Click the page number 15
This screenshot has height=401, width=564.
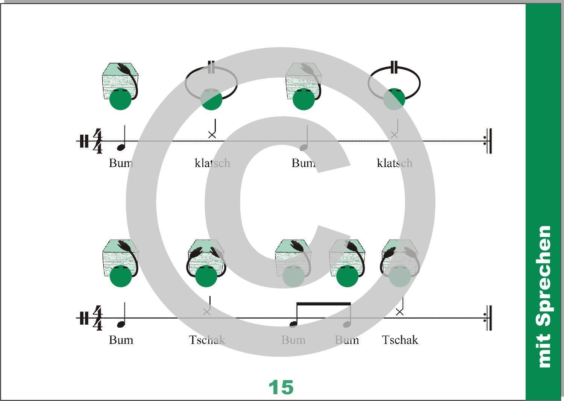pos(281,387)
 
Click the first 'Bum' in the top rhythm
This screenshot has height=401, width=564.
pos(121,163)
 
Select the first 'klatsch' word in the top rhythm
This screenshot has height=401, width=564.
pos(212,163)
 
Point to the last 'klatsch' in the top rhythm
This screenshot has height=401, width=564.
pos(394,163)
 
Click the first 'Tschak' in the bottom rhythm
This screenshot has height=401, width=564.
pos(207,340)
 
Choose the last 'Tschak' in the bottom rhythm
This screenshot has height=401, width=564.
pos(400,340)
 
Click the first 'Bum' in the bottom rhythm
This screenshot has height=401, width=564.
pos(121,340)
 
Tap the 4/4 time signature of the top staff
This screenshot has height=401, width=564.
pos(98,141)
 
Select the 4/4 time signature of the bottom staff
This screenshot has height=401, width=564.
pos(98,318)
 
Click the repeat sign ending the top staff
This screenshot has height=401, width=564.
pos(488,141)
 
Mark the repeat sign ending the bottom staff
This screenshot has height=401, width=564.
pos(488,318)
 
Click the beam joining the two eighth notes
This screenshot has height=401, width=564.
pos(324,304)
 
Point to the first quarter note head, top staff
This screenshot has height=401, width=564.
pos(121,147)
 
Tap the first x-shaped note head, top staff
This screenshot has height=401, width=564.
pos(212,135)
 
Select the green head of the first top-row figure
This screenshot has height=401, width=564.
pos(121,99)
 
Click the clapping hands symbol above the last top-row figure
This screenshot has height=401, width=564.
pos(394,67)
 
